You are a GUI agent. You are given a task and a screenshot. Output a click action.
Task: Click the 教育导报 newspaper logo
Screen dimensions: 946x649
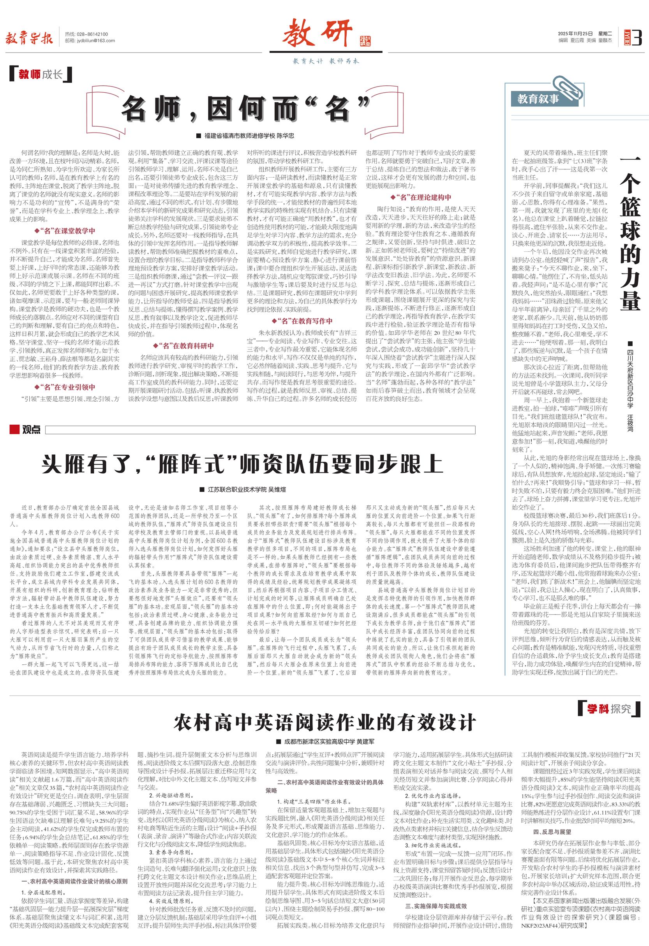(29, 38)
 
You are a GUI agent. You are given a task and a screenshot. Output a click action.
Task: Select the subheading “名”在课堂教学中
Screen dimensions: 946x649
(67, 231)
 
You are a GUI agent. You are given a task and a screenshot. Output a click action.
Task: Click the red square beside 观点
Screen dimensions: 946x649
(15, 430)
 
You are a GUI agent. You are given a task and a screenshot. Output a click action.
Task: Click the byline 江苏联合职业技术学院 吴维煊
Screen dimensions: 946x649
(243, 490)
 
